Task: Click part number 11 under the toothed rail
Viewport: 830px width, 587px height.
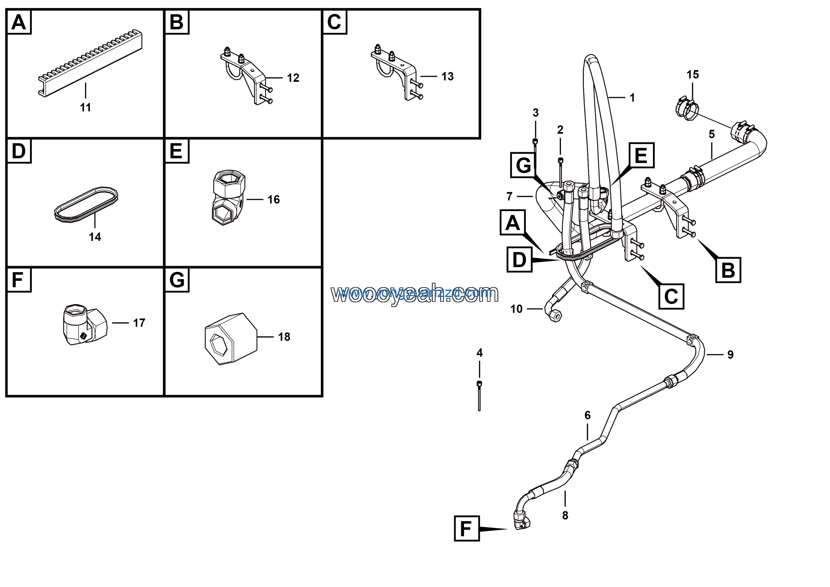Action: (85, 107)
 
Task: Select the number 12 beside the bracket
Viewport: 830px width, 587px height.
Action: (293, 78)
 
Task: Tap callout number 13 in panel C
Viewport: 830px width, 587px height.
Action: (447, 76)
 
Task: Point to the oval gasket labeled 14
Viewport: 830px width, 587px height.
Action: (86, 205)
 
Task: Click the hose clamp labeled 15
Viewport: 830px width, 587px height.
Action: (687, 108)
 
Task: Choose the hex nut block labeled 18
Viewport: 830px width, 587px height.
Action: (231, 338)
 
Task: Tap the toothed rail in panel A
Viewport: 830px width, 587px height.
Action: (90, 63)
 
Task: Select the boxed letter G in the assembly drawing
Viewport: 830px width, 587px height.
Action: (523, 165)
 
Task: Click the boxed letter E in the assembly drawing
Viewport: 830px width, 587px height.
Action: (641, 155)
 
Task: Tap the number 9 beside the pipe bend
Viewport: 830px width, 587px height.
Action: (730, 355)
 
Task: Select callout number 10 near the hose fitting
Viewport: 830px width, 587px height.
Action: (516, 309)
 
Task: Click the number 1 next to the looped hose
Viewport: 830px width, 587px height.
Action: (632, 98)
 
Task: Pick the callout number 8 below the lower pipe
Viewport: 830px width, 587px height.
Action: (565, 515)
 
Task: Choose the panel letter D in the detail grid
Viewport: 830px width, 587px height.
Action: (19, 151)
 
